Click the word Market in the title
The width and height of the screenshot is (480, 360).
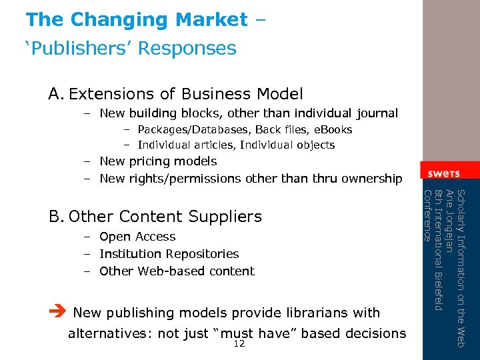pyautogui.click(x=211, y=20)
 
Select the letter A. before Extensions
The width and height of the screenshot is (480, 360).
pyautogui.click(x=56, y=94)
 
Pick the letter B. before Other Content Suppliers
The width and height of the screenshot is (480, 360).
pyautogui.click(x=56, y=217)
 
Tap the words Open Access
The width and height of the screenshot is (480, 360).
pyautogui.click(x=137, y=237)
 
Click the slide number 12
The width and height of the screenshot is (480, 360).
pyautogui.click(x=240, y=344)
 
